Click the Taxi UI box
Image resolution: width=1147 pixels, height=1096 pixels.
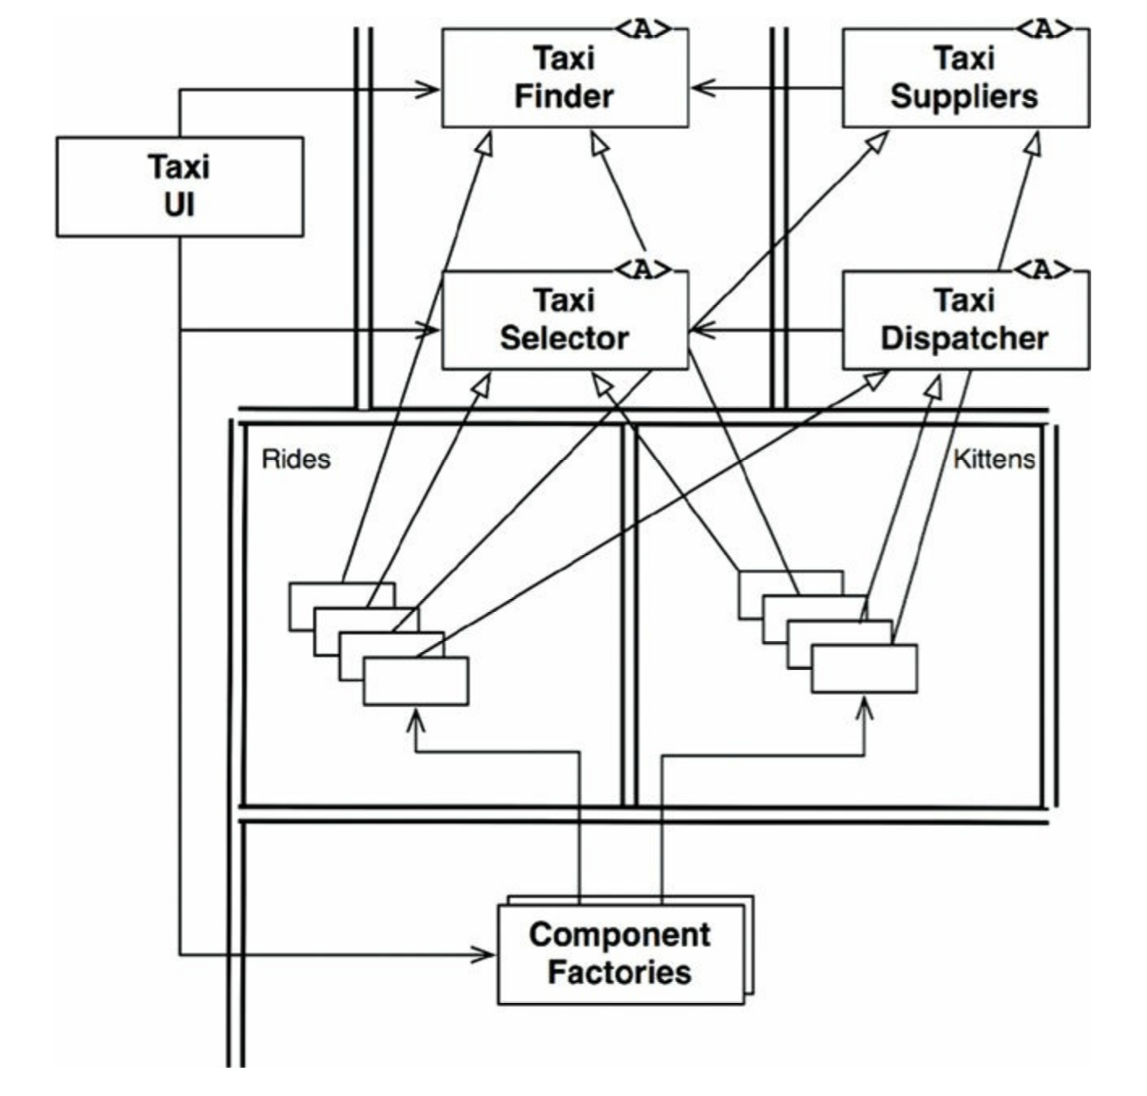[x=180, y=187]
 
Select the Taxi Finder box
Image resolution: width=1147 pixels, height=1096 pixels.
[x=565, y=78]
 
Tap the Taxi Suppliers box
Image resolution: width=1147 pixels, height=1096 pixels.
[x=966, y=78]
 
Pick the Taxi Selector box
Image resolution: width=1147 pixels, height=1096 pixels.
[x=565, y=320]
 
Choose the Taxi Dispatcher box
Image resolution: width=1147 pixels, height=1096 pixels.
[x=966, y=320]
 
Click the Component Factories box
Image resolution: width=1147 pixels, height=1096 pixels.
[x=620, y=955]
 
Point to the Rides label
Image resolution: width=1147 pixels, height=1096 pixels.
[x=296, y=459]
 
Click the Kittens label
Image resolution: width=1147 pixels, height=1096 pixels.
[x=994, y=459]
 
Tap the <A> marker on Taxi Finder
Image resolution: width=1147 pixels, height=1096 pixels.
[x=644, y=29]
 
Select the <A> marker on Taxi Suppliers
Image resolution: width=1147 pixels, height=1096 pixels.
[x=1043, y=29]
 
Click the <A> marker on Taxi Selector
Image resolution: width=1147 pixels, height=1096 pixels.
[x=644, y=270]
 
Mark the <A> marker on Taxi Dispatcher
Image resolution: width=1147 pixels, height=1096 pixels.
[x=1043, y=270]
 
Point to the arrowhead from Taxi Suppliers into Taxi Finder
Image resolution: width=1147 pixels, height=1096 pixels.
[x=703, y=88]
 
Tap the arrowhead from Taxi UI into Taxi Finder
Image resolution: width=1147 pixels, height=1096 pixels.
[x=428, y=90]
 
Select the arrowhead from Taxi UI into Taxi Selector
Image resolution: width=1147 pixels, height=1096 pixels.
[x=428, y=331]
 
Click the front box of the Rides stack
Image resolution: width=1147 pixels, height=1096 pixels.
[x=416, y=681]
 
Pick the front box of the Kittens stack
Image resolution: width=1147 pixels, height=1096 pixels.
[x=864, y=669]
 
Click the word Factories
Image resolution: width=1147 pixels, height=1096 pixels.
[x=620, y=973]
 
